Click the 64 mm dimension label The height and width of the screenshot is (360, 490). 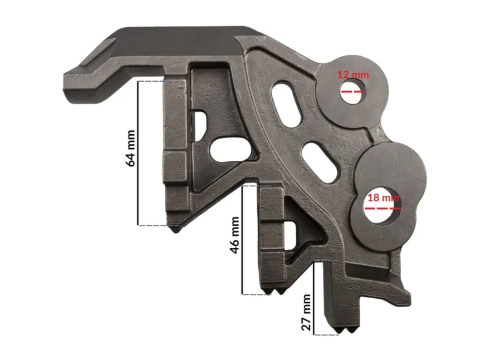pyautogui.click(x=130, y=149)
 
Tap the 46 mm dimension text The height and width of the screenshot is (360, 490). pyautogui.click(x=234, y=235)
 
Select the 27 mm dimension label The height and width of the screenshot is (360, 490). pyautogui.click(x=306, y=313)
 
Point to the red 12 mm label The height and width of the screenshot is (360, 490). pyautogui.click(x=353, y=75)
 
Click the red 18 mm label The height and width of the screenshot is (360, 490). pyautogui.click(x=383, y=198)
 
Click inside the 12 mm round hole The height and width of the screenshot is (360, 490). pyautogui.click(x=353, y=91)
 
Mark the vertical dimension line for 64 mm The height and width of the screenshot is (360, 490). pyautogui.click(x=138, y=153)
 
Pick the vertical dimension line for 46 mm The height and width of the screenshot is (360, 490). pyautogui.click(x=243, y=240)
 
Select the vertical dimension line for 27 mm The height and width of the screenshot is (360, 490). pyautogui.click(x=313, y=299)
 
